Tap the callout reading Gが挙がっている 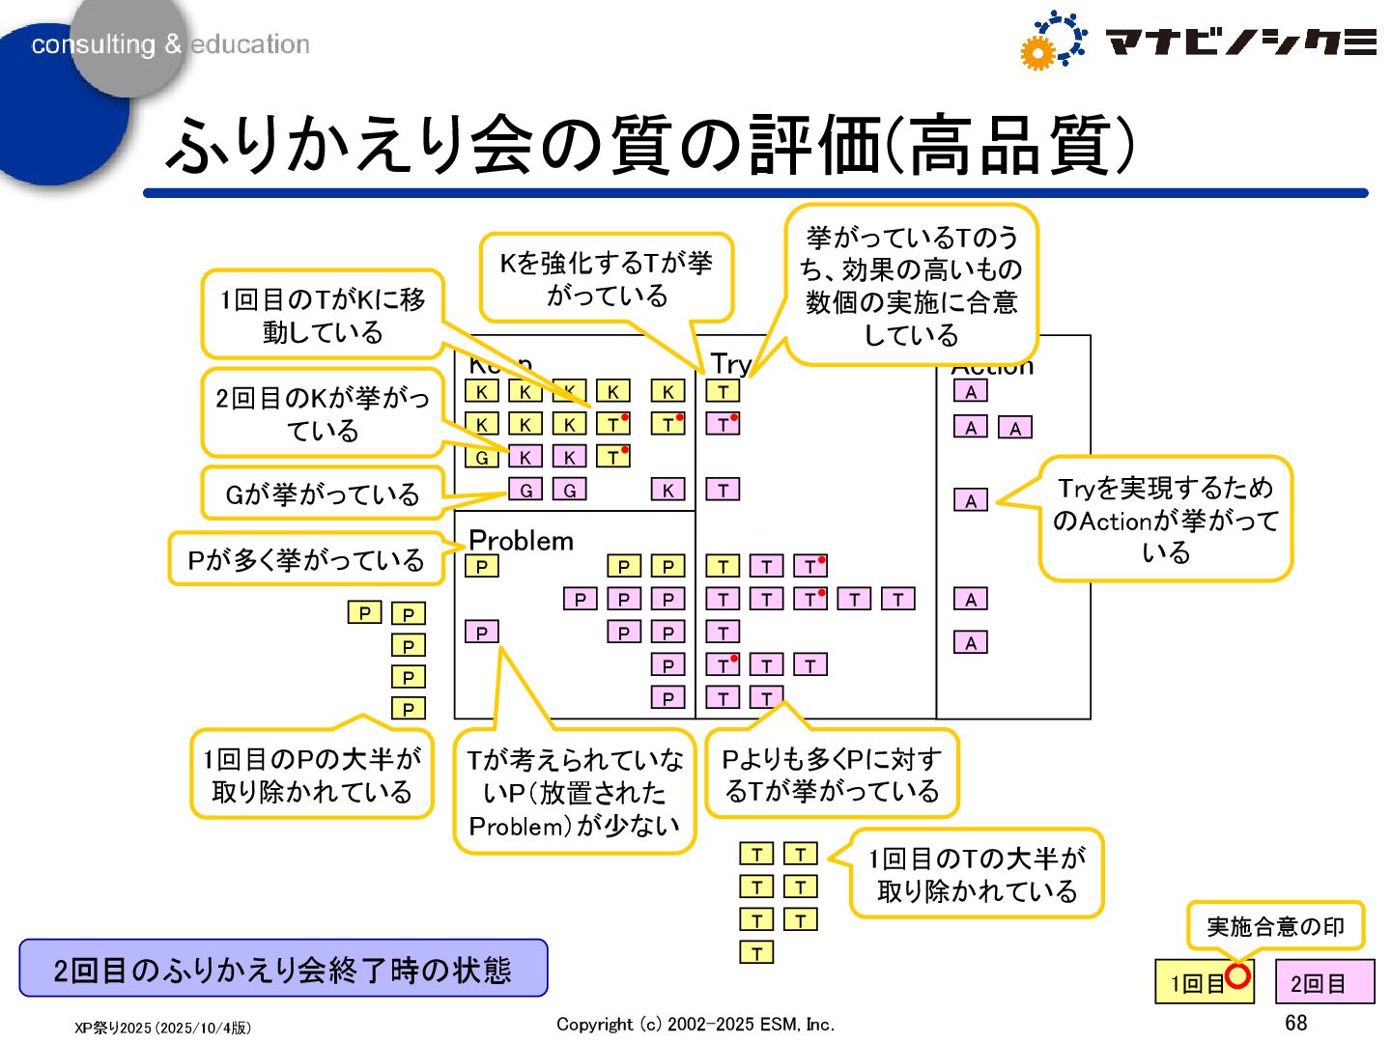(x=322, y=494)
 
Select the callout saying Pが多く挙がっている (x=305, y=559)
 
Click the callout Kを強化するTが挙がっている (x=606, y=278)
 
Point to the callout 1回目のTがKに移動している (x=322, y=315)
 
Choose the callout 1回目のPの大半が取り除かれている (x=311, y=775)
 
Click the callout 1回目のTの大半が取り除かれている (x=976, y=874)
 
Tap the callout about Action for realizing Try (x=1165, y=520)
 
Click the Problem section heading (x=521, y=540)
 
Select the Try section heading (x=729, y=364)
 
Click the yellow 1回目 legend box (x=1197, y=983)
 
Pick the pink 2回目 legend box (x=1323, y=983)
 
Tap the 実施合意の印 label (x=1275, y=926)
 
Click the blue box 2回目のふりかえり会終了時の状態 (x=283, y=969)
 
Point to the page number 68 (x=1295, y=1023)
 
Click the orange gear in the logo (x=1036, y=54)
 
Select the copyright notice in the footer (x=695, y=1025)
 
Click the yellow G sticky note (x=481, y=457)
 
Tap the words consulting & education (x=170, y=44)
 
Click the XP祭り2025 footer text (x=162, y=1028)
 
